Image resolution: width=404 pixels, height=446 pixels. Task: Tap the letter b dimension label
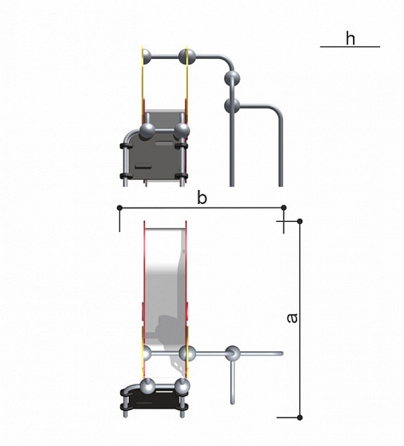pyautogui.click(x=202, y=198)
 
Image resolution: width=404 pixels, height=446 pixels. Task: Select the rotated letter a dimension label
pyautogui.click(x=292, y=318)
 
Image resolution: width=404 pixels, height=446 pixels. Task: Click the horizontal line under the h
pyautogui.click(x=350, y=47)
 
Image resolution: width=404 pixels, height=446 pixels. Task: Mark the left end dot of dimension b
pyautogui.click(x=120, y=208)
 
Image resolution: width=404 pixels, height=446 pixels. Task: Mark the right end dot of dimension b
pyautogui.click(x=284, y=208)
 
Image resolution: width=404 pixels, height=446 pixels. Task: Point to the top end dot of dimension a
pyautogui.click(x=299, y=221)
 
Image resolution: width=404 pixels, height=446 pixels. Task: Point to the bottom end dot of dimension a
pyautogui.click(x=299, y=417)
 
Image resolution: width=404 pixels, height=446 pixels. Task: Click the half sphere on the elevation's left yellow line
pyautogui.click(x=146, y=57)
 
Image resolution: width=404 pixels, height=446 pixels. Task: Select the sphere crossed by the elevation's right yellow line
pyautogui.click(x=187, y=57)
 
